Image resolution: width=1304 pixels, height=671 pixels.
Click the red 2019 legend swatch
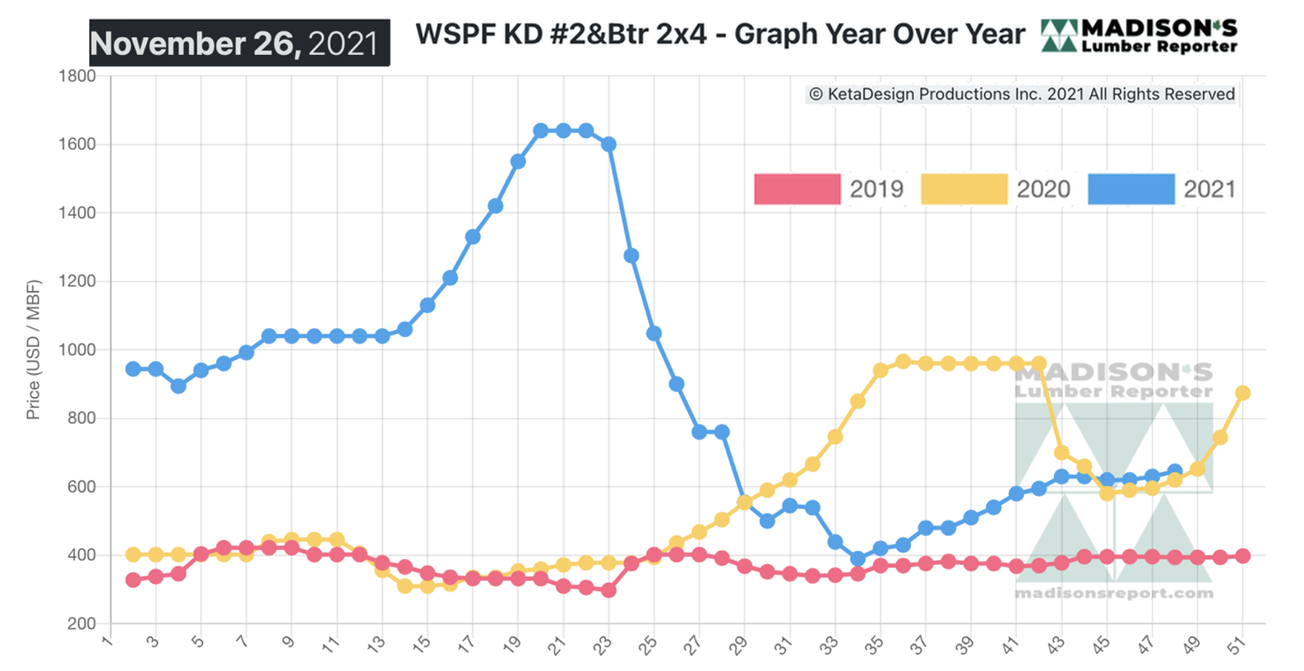pos(797,189)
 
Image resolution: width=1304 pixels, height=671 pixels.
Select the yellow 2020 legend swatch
pos(964,189)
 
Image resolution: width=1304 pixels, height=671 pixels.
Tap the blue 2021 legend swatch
pos(1131,189)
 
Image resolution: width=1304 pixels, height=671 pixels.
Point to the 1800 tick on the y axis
pos(77,76)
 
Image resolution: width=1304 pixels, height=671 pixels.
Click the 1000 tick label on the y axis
pos(77,350)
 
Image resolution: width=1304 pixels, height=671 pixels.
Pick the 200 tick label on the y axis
pos(81,623)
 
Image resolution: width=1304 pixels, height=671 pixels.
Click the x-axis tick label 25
pos(649,644)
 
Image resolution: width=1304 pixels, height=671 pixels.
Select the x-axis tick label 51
pos(1237,644)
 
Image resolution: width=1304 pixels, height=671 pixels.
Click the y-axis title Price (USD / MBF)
pos(33,350)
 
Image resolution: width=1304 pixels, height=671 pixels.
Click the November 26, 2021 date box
pos(240,43)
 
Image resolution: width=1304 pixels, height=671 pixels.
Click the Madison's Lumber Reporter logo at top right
pos(1139,36)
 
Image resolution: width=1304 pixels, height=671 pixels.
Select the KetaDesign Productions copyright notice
pos(1021,94)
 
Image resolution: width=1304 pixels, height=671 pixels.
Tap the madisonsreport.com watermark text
pos(1113,593)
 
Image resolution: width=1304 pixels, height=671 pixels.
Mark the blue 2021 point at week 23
pos(608,144)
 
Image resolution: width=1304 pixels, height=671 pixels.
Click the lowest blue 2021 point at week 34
pos(857,558)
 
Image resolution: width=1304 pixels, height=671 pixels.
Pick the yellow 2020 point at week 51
pos(1242,393)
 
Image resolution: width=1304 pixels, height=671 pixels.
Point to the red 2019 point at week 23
pos(608,590)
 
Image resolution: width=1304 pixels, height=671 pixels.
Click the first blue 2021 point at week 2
pos(133,369)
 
